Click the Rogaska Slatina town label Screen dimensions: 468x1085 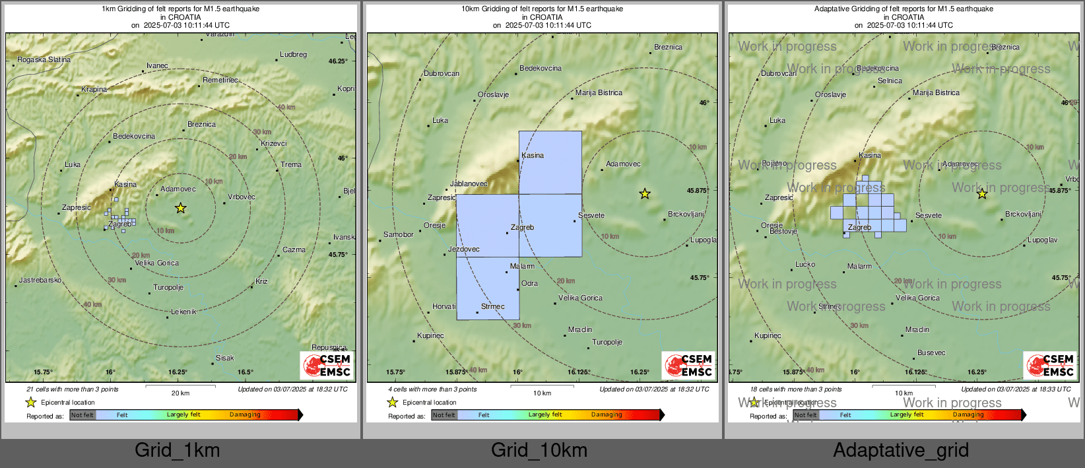(x=44, y=59)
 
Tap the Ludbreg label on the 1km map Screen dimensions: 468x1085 (x=293, y=54)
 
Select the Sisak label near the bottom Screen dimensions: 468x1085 (x=224, y=358)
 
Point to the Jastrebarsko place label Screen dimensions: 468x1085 (x=40, y=280)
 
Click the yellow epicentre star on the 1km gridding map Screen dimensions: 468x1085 (x=180, y=208)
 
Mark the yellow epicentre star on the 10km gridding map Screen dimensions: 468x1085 (x=645, y=193)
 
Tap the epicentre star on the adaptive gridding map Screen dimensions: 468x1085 (x=982, y=193)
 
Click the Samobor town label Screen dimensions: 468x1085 (x=399, y=234)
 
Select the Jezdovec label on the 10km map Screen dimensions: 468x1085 (x=463, y=249)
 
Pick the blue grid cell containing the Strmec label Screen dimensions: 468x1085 (x=488, y=288)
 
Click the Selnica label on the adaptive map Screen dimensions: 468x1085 (x=890, y=81)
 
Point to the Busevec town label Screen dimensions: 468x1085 (x=931, y=352)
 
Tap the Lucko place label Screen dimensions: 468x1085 (x=805, y=264)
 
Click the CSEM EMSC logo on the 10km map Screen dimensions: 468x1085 (x=689, y=365)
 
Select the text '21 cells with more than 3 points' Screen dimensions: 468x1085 (x=73, y=389)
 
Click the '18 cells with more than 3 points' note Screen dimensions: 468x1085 (x=796, y=389)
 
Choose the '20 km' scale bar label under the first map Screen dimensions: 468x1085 (x=180, y=393)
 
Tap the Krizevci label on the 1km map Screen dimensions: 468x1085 (x=273, y=143)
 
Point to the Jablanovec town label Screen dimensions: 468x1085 (x=469, y=184)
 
